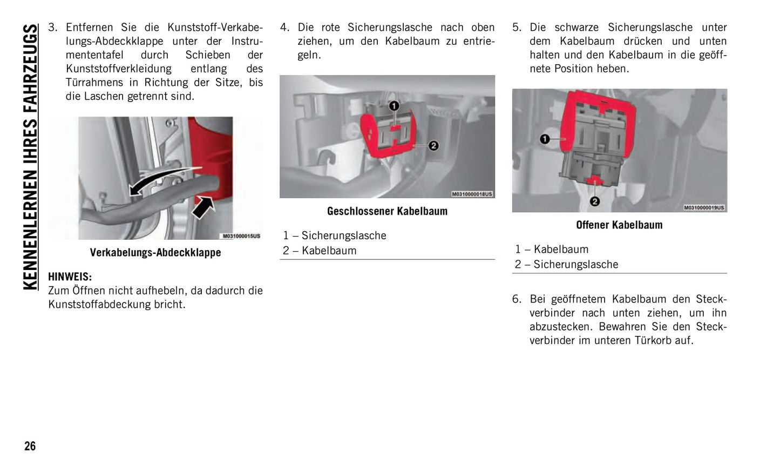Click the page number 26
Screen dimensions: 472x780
point(30,446)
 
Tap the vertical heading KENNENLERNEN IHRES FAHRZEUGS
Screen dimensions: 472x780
point(31,157)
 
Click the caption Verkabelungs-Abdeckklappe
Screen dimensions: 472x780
point(155,252)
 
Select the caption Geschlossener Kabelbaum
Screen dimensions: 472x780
point(387,211)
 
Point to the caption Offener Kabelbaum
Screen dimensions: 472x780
point(619,225)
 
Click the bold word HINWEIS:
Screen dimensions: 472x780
point(70,277)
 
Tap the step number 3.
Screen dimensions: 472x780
point(52,28)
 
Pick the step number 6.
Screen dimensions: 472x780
point(517,299)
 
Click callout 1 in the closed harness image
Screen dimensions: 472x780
point(394,106)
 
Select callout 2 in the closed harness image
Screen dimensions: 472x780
point(433,146)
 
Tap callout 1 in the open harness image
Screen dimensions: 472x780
point(545,139)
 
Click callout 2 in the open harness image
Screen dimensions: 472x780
point(595,201)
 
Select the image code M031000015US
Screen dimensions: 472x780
point(241,236)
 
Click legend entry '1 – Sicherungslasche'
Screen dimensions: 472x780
point(335,235)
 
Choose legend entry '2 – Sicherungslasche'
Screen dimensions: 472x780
point(566,264)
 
